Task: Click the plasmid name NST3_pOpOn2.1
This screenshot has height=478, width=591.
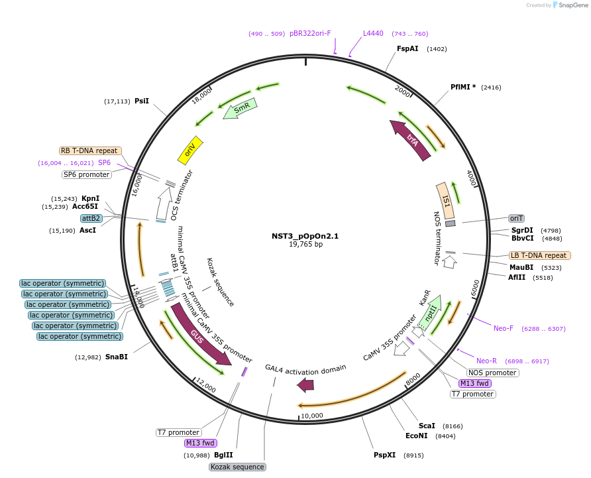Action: click(x=305, y=236)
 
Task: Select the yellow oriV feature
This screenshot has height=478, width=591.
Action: click(x=190, y=152)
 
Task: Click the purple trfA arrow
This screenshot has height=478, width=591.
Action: click(x=411, y=139)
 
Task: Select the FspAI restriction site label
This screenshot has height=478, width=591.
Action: click(x=407, y=48)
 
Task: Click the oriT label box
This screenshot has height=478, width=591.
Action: click(x=516, y=218)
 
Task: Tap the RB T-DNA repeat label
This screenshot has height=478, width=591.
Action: click(x=89, y=150)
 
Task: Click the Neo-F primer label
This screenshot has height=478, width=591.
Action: click(x=504, y=328)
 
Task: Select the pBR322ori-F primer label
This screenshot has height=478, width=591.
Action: click(x=310, y=33)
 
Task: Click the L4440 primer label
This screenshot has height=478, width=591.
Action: click(x=373, y=33)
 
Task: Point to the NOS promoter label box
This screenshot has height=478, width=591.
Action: click(x=493, y=373)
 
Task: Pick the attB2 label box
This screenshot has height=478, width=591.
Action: click(x=91, y=218)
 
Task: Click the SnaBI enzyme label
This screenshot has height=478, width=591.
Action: click(x=117, y=357)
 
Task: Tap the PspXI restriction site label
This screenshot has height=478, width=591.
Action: click(x=384, y=455)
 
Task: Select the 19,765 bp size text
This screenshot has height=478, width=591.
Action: click(x=305, y=245)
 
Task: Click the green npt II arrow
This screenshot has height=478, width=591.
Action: click(x=430, y=314)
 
